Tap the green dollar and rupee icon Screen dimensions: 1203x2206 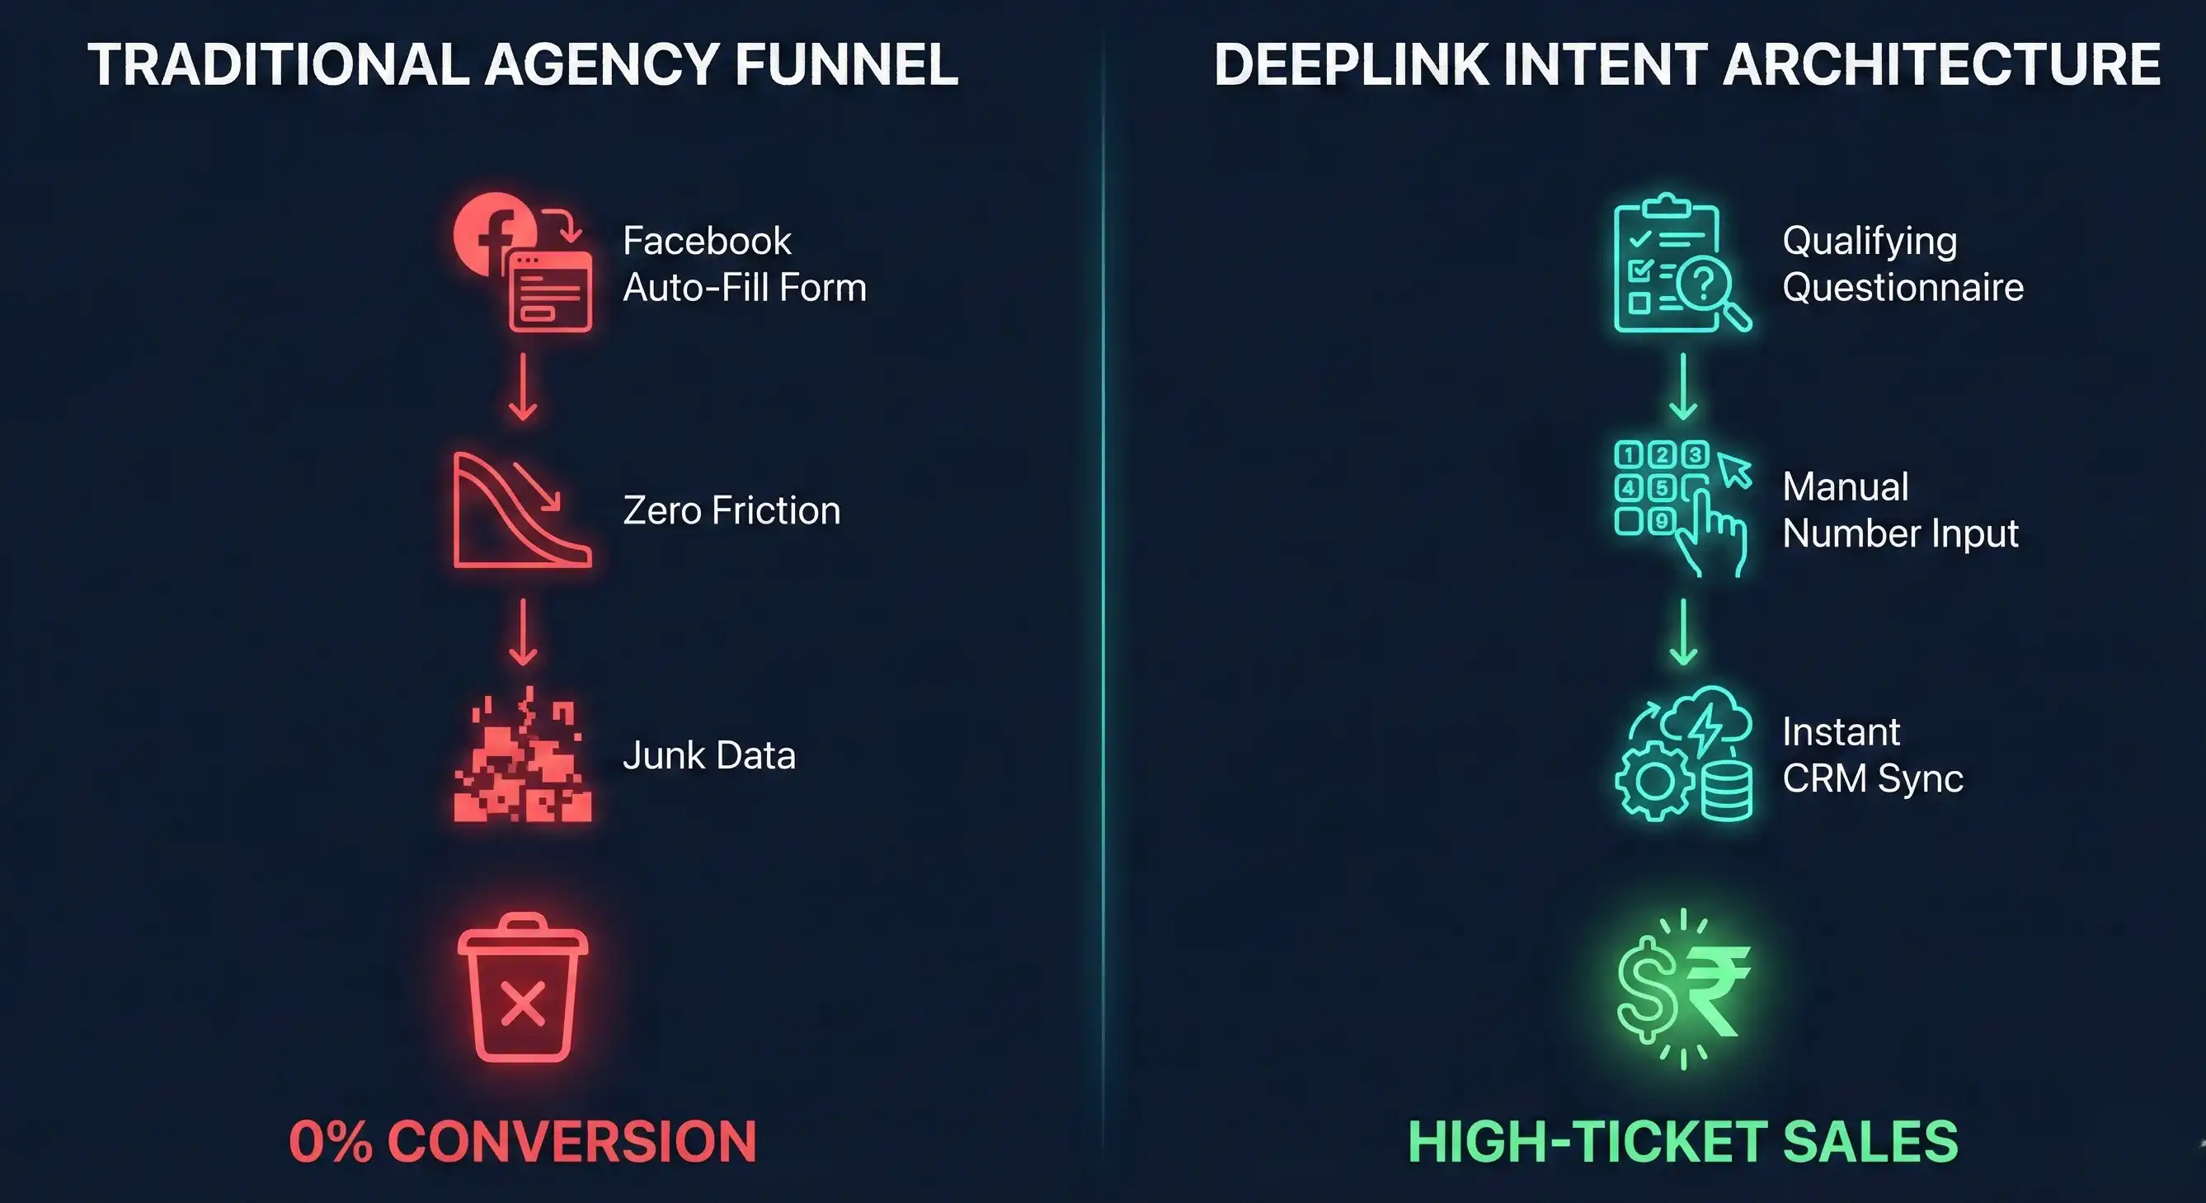pos(1683,989)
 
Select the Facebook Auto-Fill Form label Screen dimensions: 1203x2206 pos(743,264)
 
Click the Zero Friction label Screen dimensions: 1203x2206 pos(731,510)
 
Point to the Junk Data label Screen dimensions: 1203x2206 pos(709,755)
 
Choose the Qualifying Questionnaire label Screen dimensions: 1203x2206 pos(1902,264)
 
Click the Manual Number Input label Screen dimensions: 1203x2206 pos(1899,510)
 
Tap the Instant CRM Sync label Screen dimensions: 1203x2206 pos(1872,755)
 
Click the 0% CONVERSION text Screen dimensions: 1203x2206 pos(522,1141)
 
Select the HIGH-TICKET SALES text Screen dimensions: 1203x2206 pos(1683,1141)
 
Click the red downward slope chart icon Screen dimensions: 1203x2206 pos(521,510)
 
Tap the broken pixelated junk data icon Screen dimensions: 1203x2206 pos(521,755)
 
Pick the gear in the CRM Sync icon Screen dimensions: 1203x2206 pos(1653,781)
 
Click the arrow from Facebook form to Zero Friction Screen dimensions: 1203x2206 pos(522,387)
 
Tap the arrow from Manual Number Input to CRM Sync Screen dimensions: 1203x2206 pos(1684,632)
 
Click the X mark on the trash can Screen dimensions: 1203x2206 pos(522,1004)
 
